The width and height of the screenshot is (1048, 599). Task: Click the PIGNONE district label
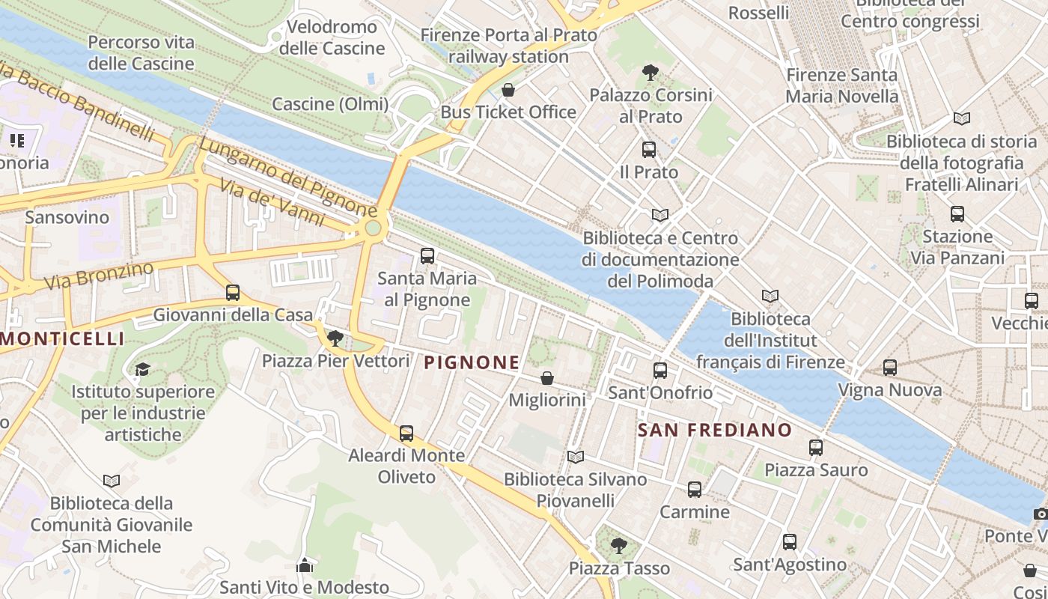tap(472, 363)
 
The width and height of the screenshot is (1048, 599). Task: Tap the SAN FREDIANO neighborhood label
tap(714, 430)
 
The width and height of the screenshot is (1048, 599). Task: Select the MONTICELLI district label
tap(63, 338)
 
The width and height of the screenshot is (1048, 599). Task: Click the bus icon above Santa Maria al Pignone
tap(427, 256)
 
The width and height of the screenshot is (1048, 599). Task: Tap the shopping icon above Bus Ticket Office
tap(508, 91)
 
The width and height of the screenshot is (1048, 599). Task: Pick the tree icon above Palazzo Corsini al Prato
tap(650, 73)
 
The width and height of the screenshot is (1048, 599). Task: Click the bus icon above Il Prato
tap(648, 150)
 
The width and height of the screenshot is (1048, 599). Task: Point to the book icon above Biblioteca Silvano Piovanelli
tap(575, 457)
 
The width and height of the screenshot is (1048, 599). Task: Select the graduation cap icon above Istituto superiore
tap(142, 369)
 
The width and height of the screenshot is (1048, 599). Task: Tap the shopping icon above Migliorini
tap(547, 378)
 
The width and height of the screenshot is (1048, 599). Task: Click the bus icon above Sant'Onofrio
tap(659, 370)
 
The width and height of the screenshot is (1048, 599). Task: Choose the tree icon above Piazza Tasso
tap(618, 546)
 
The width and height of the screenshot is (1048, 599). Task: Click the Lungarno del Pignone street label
tap(288, 176)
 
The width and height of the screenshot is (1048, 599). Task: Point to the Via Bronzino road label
tap(99, 276)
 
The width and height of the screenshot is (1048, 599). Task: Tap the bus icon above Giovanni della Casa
tap(233, 293)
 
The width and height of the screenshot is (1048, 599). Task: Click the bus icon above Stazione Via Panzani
tap(957, 214)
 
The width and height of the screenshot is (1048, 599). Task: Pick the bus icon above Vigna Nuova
tap(889, 368)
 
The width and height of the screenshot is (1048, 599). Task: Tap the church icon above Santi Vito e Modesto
tap(304, 565)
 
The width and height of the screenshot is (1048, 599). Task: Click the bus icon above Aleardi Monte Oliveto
tap(406, 433)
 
